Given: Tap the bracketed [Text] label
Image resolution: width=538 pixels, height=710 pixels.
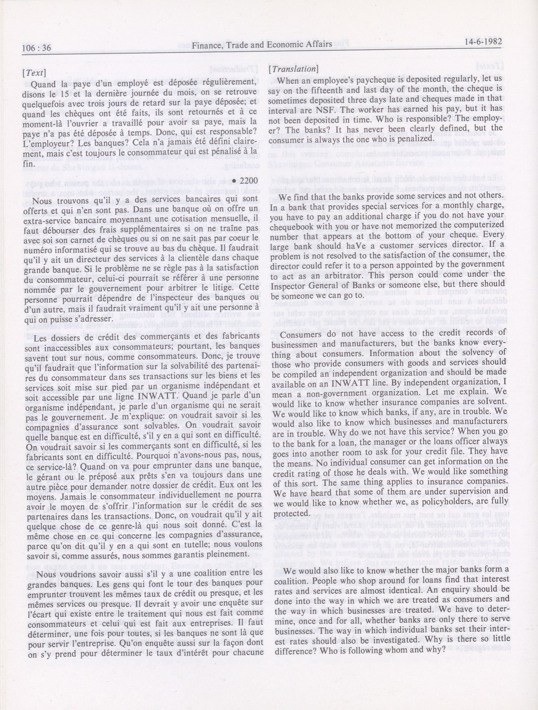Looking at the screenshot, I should point(34,72).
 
